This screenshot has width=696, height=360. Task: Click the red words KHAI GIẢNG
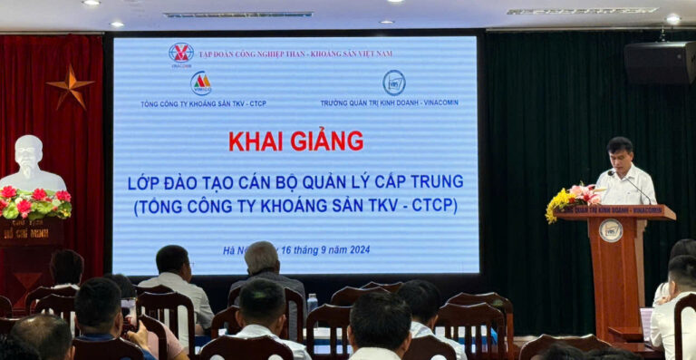(295, 141)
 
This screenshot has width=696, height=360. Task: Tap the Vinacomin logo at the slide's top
(181, 54)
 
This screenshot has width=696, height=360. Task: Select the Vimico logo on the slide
(201, 83)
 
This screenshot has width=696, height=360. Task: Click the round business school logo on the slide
(393, 83)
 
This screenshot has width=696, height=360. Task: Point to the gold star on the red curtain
(71, 86)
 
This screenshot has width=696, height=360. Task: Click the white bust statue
(31, 163)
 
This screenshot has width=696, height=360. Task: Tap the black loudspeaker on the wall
(659, 63)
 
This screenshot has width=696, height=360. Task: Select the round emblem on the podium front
(611, 230)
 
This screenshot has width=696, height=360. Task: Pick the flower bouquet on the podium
(570, 199)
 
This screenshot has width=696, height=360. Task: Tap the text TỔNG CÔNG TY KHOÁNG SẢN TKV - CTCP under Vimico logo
(203, 103)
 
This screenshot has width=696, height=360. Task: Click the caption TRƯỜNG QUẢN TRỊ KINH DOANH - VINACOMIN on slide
(389, 102)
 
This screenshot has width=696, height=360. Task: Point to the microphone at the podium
(634, 186)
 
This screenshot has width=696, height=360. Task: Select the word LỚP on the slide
(144, 181)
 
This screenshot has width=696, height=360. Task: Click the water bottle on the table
(312, 303)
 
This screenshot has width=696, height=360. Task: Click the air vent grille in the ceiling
(238, 15)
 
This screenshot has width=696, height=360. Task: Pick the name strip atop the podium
(615, 211)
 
